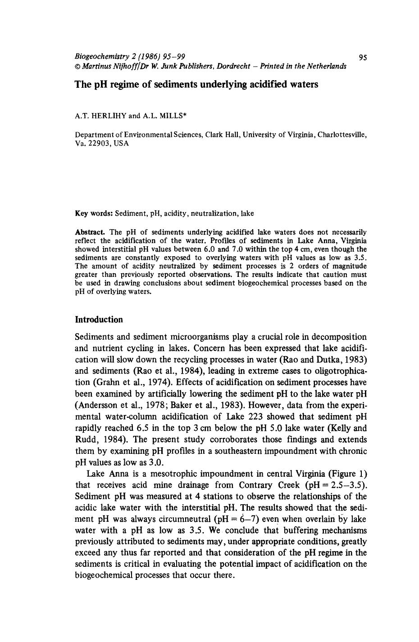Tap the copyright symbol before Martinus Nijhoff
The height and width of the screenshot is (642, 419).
pyautogui.click(x=77, y=66)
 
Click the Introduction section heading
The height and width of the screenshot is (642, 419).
pyautogui.click(x=99, y=320)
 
